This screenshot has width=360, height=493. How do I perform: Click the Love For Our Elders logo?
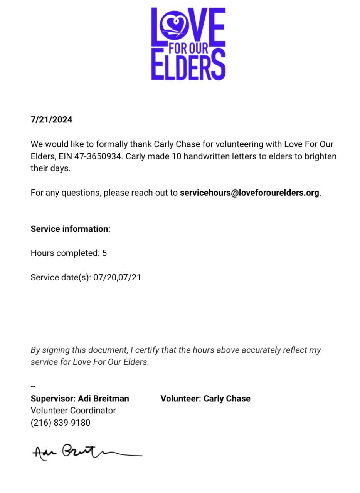click(x=188, y=44)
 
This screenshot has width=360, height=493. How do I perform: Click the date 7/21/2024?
click(x=51, y=120)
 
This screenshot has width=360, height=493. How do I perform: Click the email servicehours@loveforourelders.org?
click(x=249, y=193)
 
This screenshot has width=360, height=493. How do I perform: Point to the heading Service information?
click(x=71, y=229)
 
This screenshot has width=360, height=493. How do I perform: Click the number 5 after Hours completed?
click(x=104, y=253)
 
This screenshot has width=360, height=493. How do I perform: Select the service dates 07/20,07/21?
click(x=117, y=277)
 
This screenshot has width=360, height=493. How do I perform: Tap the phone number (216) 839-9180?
click(x=61, y=423)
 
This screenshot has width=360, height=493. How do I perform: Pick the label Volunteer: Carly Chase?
click(x=205, y=399)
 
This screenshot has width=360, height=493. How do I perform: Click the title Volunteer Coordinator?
click(x=73, y=411)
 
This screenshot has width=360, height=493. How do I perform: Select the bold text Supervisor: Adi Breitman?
click(x=80, y=399)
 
